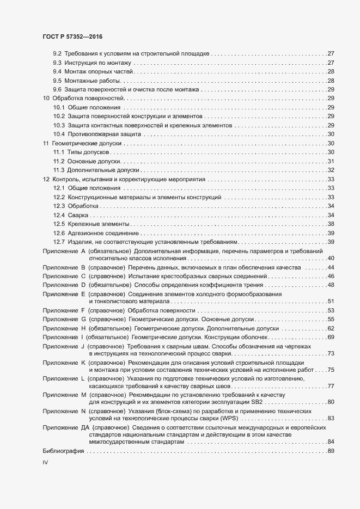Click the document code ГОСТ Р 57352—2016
point(72,36)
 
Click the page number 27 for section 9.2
point(330,54)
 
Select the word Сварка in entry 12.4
point(76,215)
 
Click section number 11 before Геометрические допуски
point(46,143)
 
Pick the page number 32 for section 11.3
point(330,170)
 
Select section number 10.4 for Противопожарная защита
point(59,134)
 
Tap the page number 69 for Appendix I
point(330,337)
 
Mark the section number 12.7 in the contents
point(59,242)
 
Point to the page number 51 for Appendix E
point(330,301)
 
